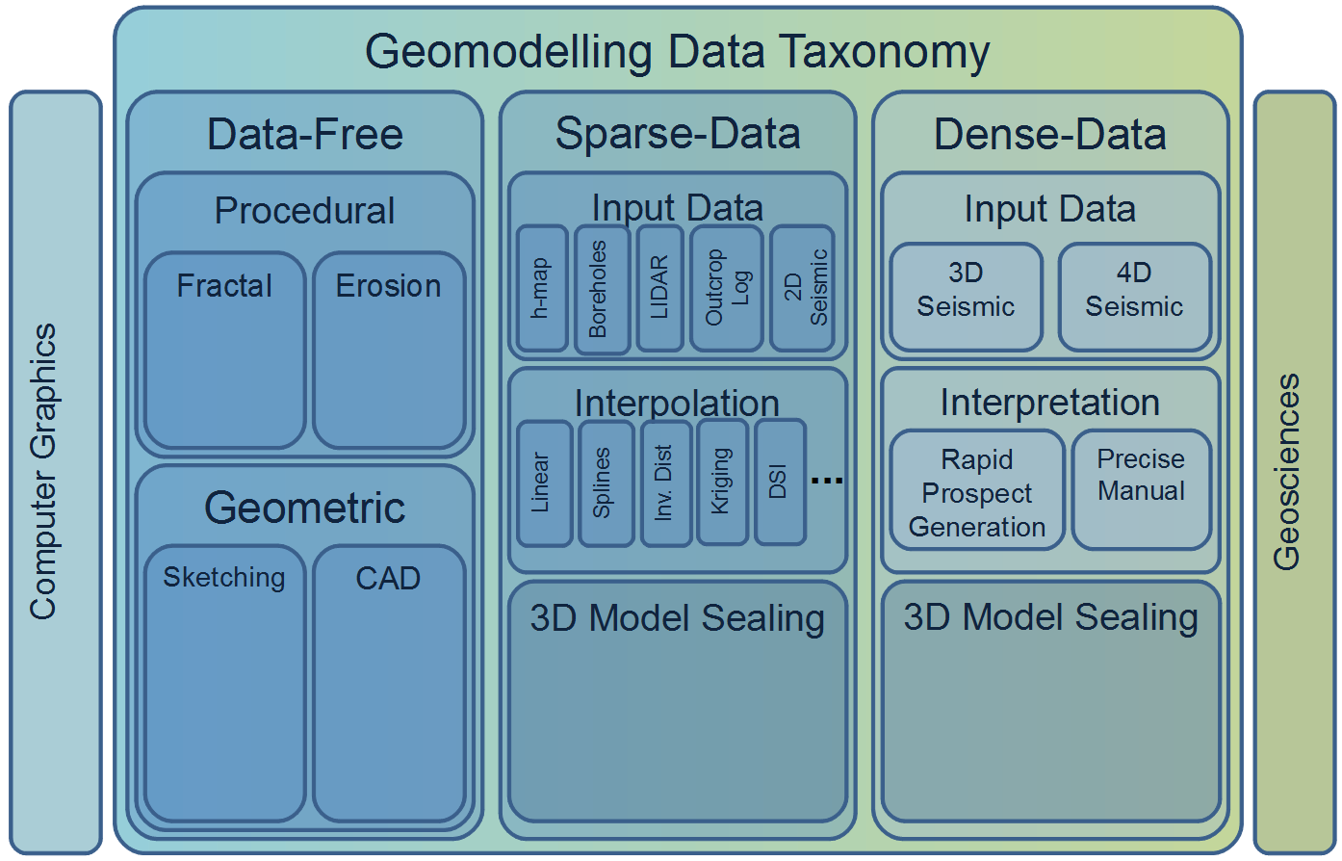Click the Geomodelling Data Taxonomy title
pyautogui.click(x=677, y=52)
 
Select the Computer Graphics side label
pyautogui.click(x=43, y=472)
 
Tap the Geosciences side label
pyautogui.click(x=1286, y=472)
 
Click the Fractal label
pyautogui.click(x=224, y=285)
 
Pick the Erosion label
pyautogui.click(x=388, y=285)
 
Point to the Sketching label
pyautogui.click(x=224, y=578)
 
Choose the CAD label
pyautogui.click(x=388, y=578)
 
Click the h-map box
pyautogui.click(x=542, y=288)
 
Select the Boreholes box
pyautogui.click(x=602, y=289)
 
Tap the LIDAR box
pyautogui.click(x=659, y=288)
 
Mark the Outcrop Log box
pyautogui.click(x=726, y=288)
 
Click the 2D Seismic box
pyautogui.click(x=802, y=288)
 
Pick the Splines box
pyautogui.click(x=606, y=483)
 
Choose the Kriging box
pyautogui.click(x=723, y=482)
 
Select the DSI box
pyautogui.click(x=780, y=482)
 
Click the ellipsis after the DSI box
pyautogui.click(x=827, y=480)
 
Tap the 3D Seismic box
pyautogui.click(x=966, y=298)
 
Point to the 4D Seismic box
pyautogui.click(x=1135, y=298)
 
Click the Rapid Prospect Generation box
pyautogui.click(x=977, y=489)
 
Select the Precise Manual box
pyautogui.click(x=1142, y=489)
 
